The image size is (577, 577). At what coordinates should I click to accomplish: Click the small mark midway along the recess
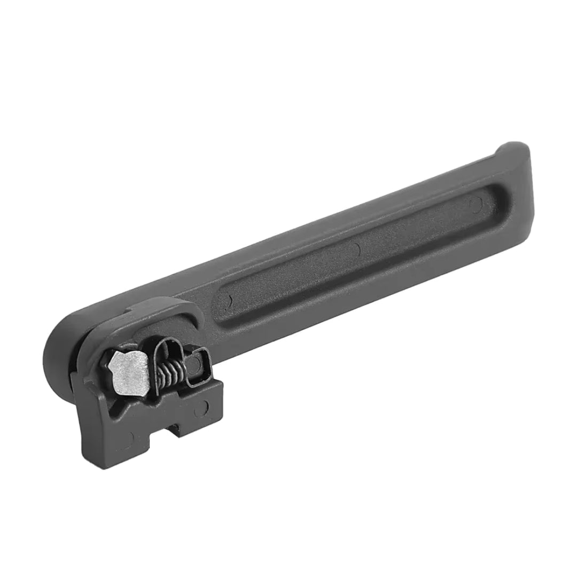357,248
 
